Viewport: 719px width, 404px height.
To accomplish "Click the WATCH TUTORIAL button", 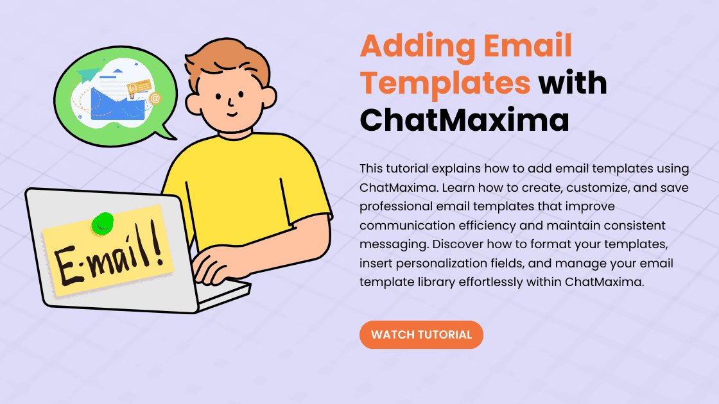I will tap(421, 335).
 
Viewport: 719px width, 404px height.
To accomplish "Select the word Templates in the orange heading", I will tap(445, 83).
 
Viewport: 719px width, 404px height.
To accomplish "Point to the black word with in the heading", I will tap(572, 83).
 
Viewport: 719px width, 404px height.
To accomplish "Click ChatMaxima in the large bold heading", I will tap(464, 120).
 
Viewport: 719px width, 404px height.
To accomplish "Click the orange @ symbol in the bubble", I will tap(154, 98).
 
